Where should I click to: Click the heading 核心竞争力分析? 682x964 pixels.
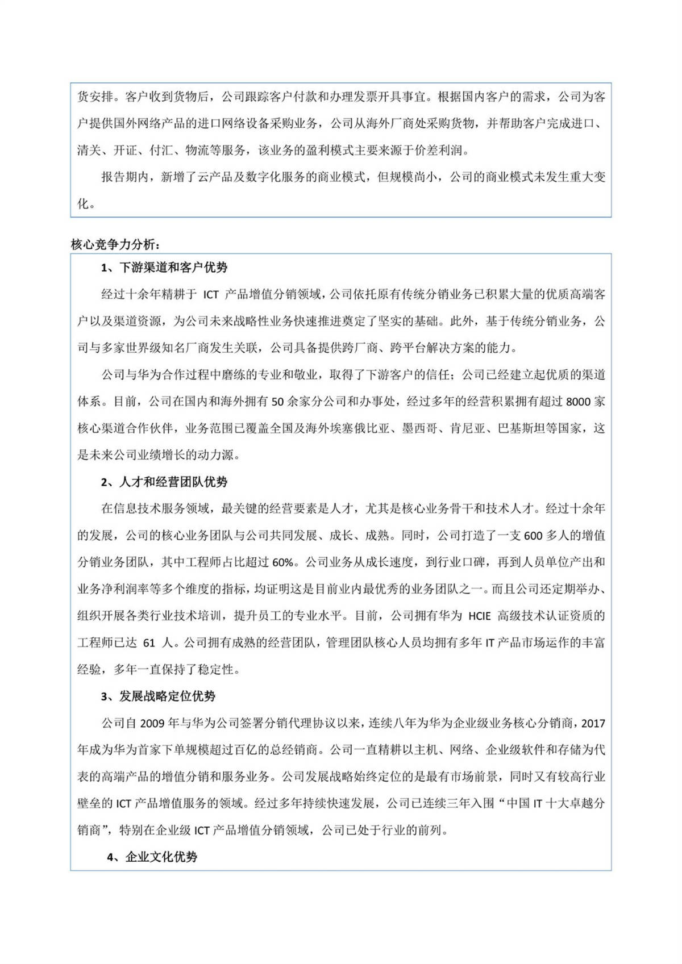(115, 244)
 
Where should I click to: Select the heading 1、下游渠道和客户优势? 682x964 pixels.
(164, 268)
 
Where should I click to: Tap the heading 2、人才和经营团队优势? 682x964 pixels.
(164, 482)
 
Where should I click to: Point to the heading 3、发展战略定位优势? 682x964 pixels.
(158, 696)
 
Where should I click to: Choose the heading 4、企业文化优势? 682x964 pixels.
(152, 857)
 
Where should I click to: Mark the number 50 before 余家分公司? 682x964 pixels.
(278, 402)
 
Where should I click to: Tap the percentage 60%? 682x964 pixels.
(284, 562)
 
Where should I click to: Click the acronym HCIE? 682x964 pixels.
(481, 616)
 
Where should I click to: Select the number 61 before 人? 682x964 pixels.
(149, 643)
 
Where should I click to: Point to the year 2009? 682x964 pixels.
(152, 723)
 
